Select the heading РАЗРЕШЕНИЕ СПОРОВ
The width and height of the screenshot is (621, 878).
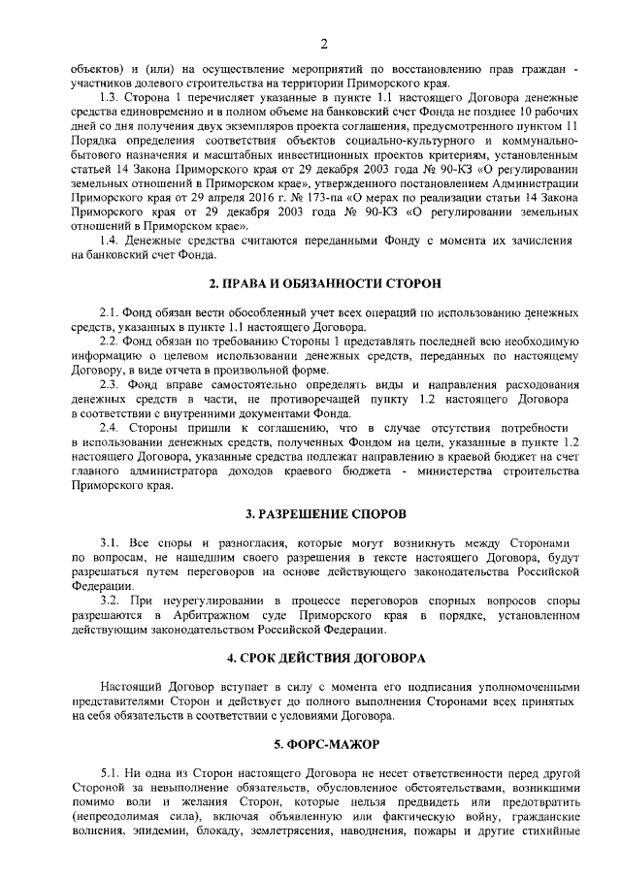(325, 511)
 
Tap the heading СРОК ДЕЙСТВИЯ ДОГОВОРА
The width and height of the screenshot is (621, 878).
(325, 658)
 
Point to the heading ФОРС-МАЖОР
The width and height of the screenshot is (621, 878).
(325, 744)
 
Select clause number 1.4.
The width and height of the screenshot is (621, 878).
(112, 240)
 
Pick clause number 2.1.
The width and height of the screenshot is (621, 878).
(112, 313)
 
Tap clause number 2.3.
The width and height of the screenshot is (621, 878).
(112, 384)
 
